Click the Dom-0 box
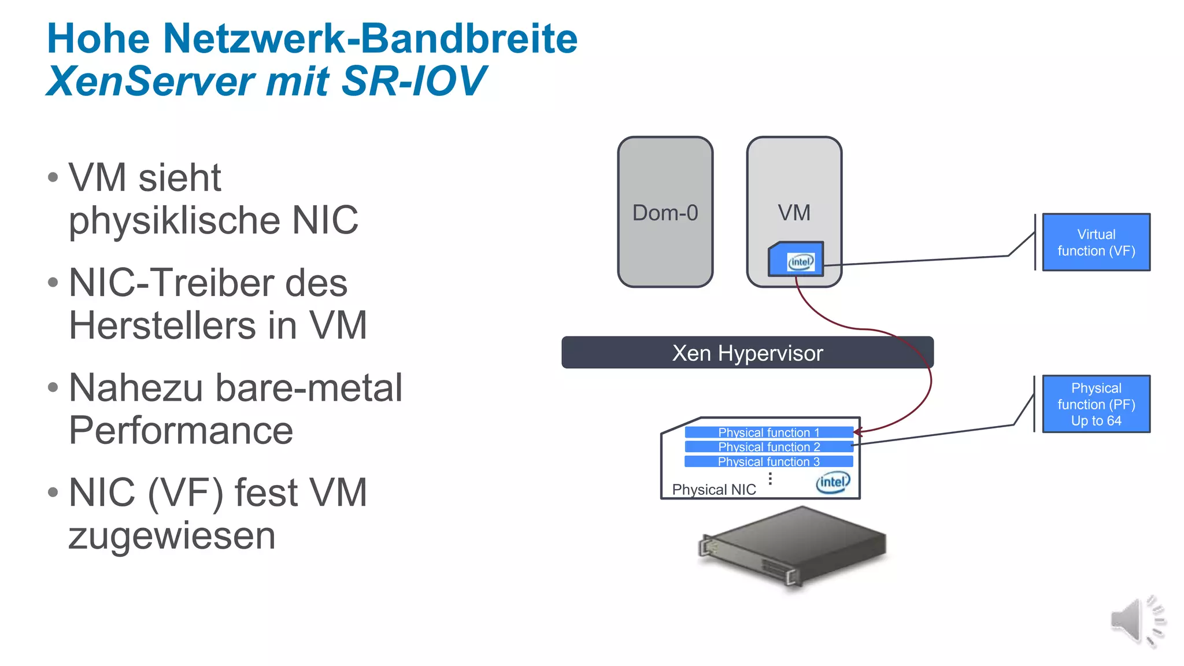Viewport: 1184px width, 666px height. [x=665, y=212]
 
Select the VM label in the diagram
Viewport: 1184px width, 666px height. [x=794, y=213]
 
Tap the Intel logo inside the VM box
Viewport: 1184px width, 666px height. [x=801, y=262]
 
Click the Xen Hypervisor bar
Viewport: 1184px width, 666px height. [x=747, y=353]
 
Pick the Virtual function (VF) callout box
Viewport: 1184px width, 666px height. [x=1096, y=242]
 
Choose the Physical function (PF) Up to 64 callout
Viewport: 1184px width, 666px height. [x=1096, y=404]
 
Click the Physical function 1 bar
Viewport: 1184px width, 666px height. [x=768, y=432]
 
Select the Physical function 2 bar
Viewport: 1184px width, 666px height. [x=768, y=447]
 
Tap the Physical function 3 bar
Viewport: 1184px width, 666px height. [x=768, y=461]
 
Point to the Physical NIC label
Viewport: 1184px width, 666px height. [x=714, y=490]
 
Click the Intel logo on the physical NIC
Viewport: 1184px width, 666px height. [x=833, y=482]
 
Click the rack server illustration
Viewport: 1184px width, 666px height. [x=792, y=546]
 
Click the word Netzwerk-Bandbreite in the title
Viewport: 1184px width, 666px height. [x=370, y=39]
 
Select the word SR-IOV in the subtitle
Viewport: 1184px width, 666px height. [x=414, y=81]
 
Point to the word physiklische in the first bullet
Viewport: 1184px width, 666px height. [x=174, y=221]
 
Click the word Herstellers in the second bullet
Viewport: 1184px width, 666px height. [x=162, y=325]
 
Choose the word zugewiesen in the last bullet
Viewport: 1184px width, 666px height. [x=172, y=536]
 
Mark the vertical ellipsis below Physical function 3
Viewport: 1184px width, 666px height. [x=770, y=478]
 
